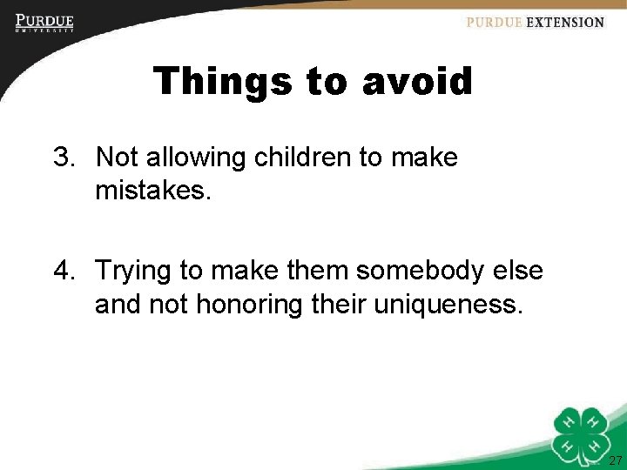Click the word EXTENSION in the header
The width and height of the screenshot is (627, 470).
565,23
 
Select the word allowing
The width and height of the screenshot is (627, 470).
198,158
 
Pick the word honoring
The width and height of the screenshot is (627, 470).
259,305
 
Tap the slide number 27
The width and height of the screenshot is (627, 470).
615,460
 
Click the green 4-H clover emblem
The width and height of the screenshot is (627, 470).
583,432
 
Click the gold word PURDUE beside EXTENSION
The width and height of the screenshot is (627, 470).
495,23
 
